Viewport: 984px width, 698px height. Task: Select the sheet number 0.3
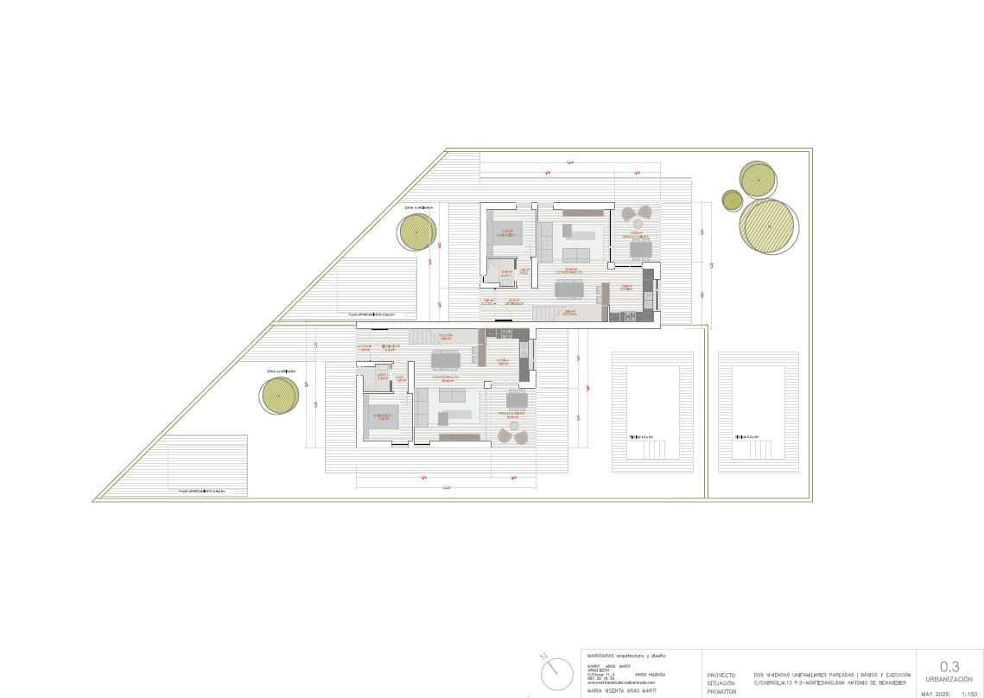pyautogui.click(x=949, y=666)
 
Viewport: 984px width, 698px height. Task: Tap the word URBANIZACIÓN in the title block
pyautogui.click(x=949, y=679)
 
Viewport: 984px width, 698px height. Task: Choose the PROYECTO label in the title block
pyautogui.click(x=721, y=675)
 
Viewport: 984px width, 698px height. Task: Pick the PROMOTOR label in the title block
pyautogui.click(x=721, y=693)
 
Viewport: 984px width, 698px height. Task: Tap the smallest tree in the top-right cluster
pyautogui.click(x=732, y=200)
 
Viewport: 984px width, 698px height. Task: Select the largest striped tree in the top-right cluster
pyautogui.click(x=767, y=225)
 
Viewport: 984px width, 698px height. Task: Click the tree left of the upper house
pyautogui.click(x=416, y=232)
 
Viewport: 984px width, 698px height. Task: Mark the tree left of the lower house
pyautogui.click(x=281, y=396)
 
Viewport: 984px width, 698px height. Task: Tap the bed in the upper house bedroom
pyautogui.click(x=506, y=232)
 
